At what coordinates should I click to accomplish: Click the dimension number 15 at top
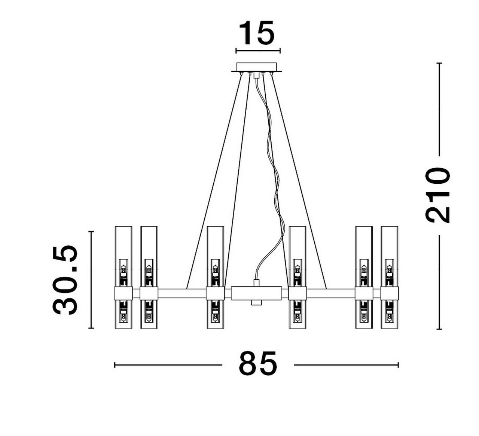(x=257, y=33)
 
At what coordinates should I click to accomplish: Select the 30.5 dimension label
(x=66, y=280)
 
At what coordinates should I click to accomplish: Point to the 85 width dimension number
(x=258, y=364)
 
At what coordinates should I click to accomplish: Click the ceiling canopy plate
(x=256, y=67)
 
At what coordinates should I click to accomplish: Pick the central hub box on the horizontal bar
(x=256, y=293)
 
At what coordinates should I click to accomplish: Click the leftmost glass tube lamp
(x=123, y=277)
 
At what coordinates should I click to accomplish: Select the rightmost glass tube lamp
(x=389, y=277)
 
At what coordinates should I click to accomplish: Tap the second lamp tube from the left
(x=149, y=277)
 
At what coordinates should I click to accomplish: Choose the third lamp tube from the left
(x=215, y=277)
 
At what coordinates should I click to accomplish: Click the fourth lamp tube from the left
(x=298, y=277)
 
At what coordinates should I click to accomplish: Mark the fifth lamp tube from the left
(x=364, y=277)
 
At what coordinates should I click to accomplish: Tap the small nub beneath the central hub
(x=256, y=303)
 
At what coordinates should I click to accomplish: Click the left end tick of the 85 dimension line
(x=115, y=365)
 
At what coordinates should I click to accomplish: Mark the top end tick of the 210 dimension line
(x=439, y=63)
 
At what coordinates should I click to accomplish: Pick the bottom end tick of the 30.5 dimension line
(x=91, y=328)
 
